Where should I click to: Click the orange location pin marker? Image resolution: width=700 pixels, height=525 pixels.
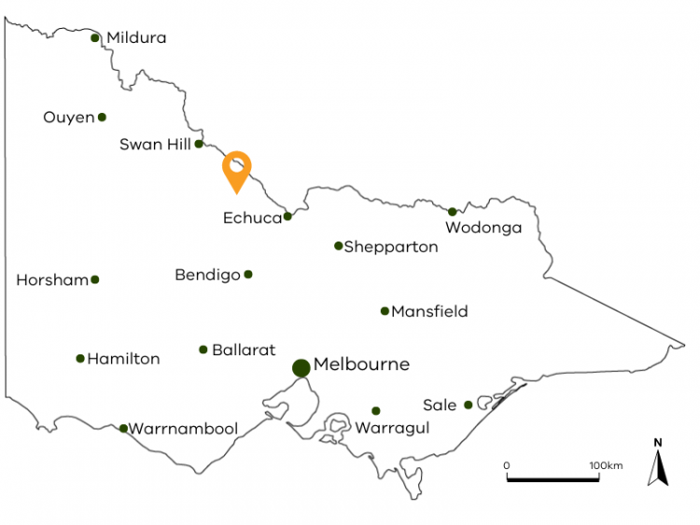237,170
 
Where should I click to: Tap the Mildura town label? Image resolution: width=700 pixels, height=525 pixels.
136,38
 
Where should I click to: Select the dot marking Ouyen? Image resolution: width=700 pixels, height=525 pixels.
102,117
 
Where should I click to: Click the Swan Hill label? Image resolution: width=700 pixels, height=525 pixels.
155,145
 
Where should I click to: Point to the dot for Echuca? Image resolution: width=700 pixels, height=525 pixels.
287,216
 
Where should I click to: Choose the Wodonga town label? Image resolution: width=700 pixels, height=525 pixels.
483,228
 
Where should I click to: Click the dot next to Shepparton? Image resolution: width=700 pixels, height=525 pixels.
339,246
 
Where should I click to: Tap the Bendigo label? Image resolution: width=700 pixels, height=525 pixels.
207,275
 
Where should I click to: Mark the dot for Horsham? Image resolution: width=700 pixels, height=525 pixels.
94,280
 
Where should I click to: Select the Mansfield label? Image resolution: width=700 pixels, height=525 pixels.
429,311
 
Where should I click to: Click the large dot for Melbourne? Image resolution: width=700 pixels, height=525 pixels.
301,367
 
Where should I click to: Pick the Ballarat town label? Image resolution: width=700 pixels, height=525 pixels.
244,351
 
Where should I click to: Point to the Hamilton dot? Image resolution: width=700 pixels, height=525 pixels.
80,358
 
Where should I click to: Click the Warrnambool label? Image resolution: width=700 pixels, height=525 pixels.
183,429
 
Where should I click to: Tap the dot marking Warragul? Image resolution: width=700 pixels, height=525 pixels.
376,410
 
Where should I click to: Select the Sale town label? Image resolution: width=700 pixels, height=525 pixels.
439,406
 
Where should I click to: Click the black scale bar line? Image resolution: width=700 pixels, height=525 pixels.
553,479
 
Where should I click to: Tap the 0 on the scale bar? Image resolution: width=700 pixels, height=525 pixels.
507,464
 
